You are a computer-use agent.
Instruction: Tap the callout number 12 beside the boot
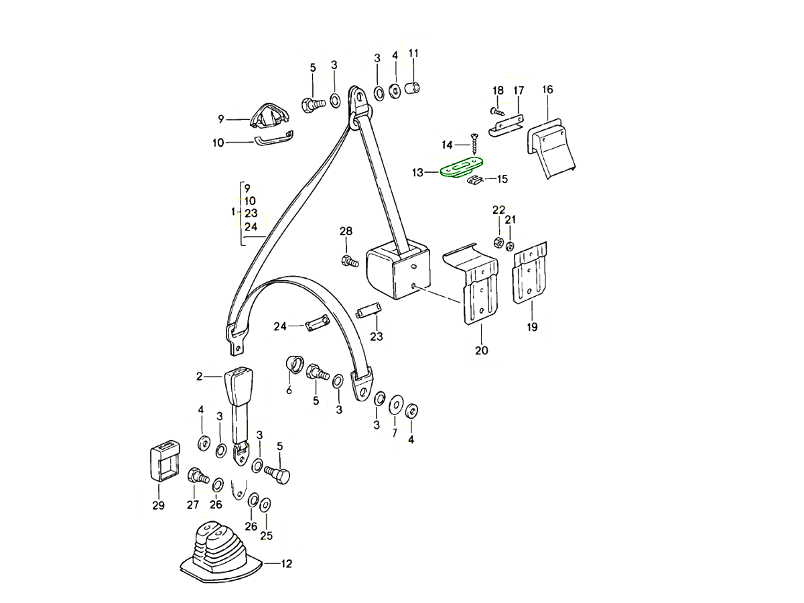coord(286,563)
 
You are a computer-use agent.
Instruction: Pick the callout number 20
coord(482,350)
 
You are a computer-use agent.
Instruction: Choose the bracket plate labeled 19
coord(530,275)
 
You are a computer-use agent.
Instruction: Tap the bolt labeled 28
coord(347,260)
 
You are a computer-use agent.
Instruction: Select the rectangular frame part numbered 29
coord(162,463)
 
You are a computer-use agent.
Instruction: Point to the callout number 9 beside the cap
coord(220,120)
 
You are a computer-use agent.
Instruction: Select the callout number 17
coord(519,90)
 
